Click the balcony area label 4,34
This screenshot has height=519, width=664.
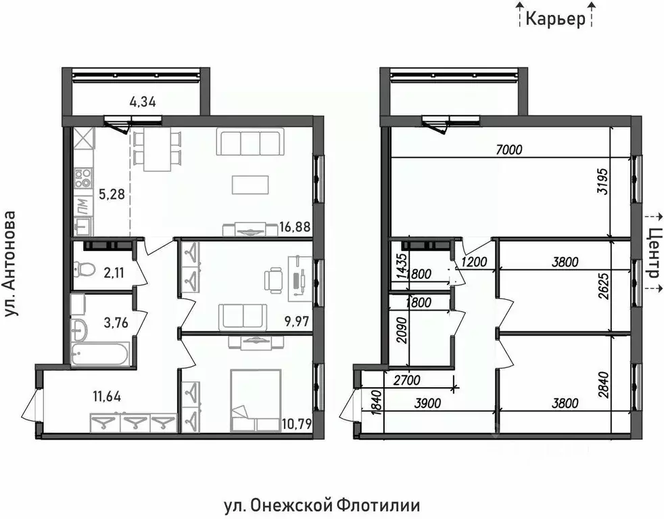click(142, 104)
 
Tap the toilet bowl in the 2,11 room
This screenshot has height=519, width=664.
click(84, 270)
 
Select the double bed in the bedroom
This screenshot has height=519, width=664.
click(255, 400)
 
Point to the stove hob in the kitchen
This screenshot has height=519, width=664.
click(84, 178)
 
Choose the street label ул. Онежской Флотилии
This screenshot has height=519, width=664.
click(321, 505)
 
